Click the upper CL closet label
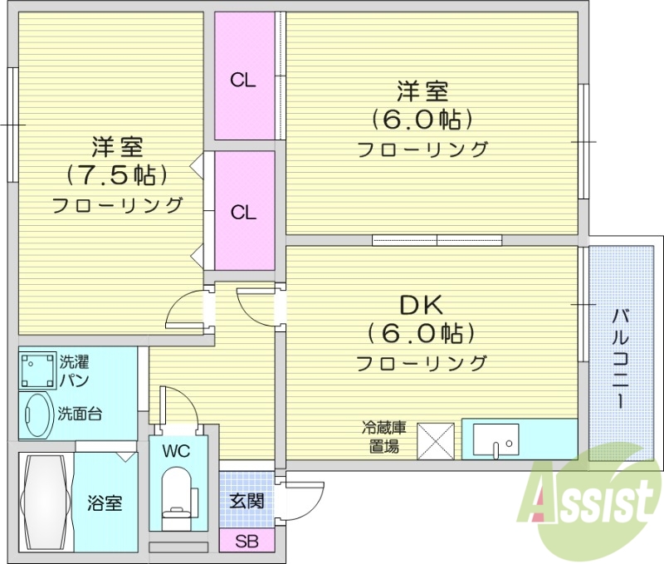click(x=243, y=81)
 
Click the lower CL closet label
click(x=243, y=213)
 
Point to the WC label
click(x=177, y=453)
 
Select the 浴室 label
click(x=105, y=503)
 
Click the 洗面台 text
click(x=81, y=414)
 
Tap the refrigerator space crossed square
click(x=436, y=439)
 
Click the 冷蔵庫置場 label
click(x=383, y=438)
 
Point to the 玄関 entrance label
click(x=247, y=501)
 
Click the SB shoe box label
click(x=247, y=542)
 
